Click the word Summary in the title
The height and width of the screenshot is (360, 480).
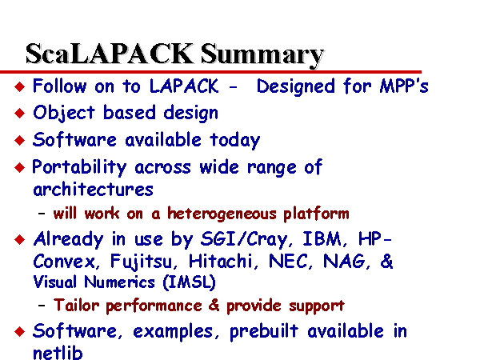coord(262,55)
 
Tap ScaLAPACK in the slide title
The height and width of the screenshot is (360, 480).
coord(110,54)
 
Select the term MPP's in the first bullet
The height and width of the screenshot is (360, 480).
coord(404,86)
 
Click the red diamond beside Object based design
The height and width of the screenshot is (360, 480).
coord(19,114)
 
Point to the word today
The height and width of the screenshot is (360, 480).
coord(234,141)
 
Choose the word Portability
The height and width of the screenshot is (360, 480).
coord(79,168)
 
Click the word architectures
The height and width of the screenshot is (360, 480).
coord(93,190)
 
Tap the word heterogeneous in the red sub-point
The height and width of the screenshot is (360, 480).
coord(222,214)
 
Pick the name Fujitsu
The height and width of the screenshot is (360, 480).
coord(141,262)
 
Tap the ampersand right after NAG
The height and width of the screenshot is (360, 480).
coord(386,261)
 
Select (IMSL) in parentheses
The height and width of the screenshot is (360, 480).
coord(189,282)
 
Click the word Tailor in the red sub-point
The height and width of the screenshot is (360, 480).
coord(76,306)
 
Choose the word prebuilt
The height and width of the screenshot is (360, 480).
coord(263,331)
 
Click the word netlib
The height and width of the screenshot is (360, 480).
coord(58,352)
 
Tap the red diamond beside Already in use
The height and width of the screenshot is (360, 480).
coord(19,239)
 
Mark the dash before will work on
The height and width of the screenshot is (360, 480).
coord(42,214)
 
